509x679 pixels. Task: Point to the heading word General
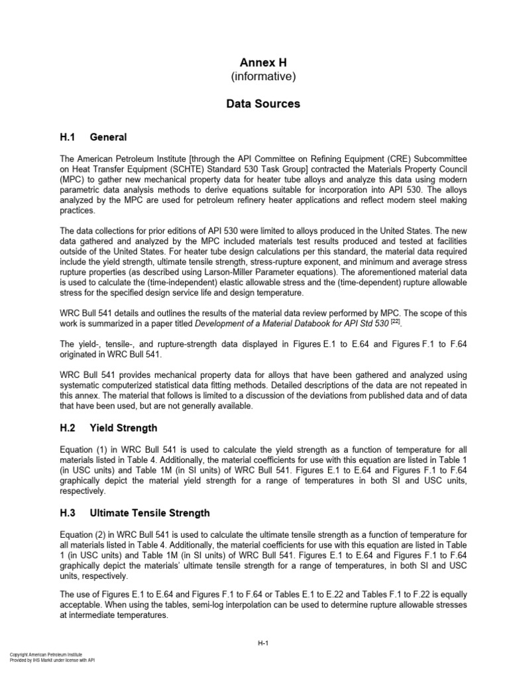click(108, 137)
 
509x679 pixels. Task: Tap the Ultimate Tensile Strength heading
click(150, 513)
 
